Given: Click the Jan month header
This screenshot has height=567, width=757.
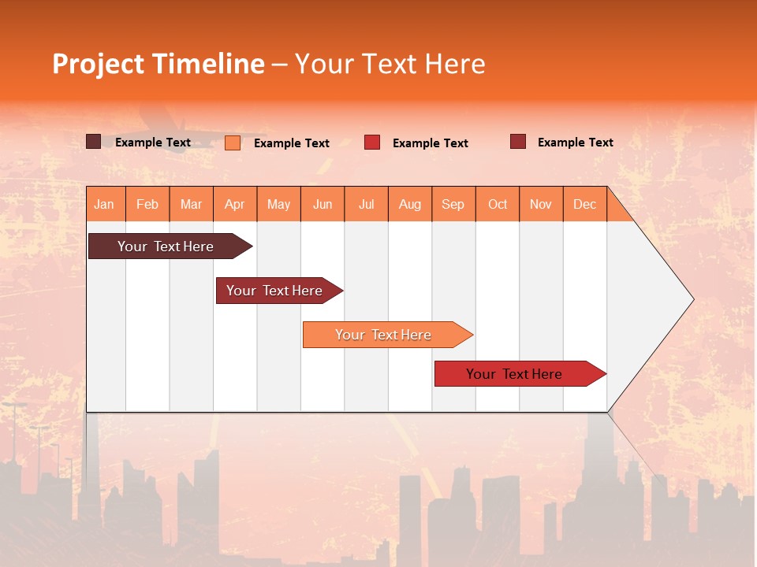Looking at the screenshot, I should [x=105, y=204].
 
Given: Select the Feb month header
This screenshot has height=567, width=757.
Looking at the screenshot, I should [x=147, y=204].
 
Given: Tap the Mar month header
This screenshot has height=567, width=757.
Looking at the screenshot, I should [x=191, y=204].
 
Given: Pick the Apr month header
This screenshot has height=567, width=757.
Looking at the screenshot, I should [x=235, y=204].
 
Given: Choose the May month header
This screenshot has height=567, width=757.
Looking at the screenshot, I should [x=278, y=204].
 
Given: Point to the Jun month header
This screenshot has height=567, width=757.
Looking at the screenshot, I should [x=323, y=204].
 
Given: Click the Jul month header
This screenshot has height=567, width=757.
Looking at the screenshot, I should [x=366, y=204].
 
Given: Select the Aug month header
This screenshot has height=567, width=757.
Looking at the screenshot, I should [x=410, y=204].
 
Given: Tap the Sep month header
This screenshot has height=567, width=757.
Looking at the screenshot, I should [x=453, y=204].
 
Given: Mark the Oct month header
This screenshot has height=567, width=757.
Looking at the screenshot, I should [x=498, y=204].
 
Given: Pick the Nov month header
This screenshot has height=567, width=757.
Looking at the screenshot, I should [x=541, y=204].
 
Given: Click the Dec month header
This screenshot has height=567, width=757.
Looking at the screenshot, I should [x=584, y=204].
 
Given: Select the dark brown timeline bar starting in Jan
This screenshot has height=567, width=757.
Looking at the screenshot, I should [x=166, y=246].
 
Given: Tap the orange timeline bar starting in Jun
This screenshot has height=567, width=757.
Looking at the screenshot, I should [x=384, y=335].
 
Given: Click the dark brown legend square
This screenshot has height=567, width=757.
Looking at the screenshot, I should [x=93, y=142].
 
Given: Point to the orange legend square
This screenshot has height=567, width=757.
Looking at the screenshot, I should [x=233, y=143].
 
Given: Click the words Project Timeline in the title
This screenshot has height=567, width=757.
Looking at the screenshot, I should [x=158, y=64].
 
